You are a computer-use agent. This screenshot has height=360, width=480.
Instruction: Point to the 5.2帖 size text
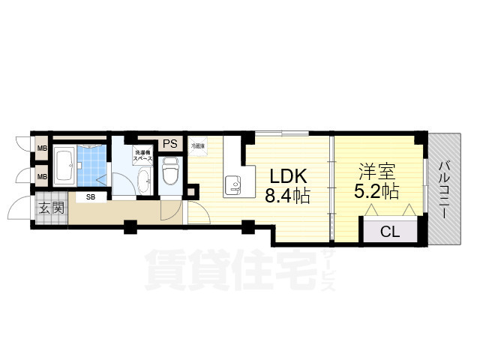(375, 191)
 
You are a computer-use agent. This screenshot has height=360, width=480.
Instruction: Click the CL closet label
(390, 231)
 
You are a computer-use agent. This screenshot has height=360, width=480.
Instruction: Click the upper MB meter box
(43, 148)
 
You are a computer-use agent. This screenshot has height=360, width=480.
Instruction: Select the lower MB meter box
(43, 176)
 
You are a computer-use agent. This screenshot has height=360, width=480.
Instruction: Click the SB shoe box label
(90, 197)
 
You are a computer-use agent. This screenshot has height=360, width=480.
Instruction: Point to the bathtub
(63, 166)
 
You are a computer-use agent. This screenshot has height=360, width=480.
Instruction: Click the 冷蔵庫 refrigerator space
(197, 146)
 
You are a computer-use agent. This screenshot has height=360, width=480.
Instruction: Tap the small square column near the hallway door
(192, 192)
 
